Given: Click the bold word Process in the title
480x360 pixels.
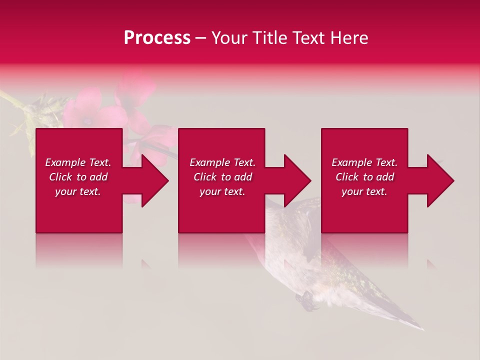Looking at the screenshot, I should tap(157, 38).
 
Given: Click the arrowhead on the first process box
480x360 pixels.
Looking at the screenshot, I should tap(155, 180).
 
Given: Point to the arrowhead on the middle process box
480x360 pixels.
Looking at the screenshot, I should tap(297, 180).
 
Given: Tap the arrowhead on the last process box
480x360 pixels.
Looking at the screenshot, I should tap(440, 180).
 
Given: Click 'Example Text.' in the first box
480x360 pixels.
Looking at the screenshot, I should tap(78, 162).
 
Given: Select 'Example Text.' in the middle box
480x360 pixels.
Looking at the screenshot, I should tap(222, 162).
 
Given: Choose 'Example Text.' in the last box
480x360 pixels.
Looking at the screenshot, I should tap(364, 162).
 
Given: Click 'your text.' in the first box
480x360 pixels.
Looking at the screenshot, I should tap(78, 191).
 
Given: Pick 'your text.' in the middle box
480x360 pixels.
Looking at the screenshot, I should tap(222, 191).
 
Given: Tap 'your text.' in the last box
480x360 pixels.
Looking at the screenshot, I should tap(364, 191).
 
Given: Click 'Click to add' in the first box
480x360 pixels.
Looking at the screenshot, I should tap(78, 177).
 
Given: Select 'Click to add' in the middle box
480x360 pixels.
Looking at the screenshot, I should tap(222, 177).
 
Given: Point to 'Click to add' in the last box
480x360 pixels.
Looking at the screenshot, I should tap(365, 177).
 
